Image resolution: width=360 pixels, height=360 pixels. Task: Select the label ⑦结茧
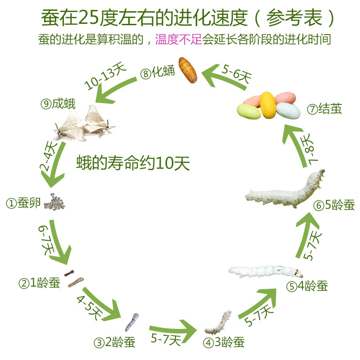(324, 109)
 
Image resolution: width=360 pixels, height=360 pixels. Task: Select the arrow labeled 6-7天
(56, 243)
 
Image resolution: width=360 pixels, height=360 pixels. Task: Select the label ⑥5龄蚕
(334, 206)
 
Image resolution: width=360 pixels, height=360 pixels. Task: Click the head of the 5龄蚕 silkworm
(319, 175)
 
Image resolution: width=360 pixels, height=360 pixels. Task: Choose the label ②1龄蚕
(39, 283)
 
